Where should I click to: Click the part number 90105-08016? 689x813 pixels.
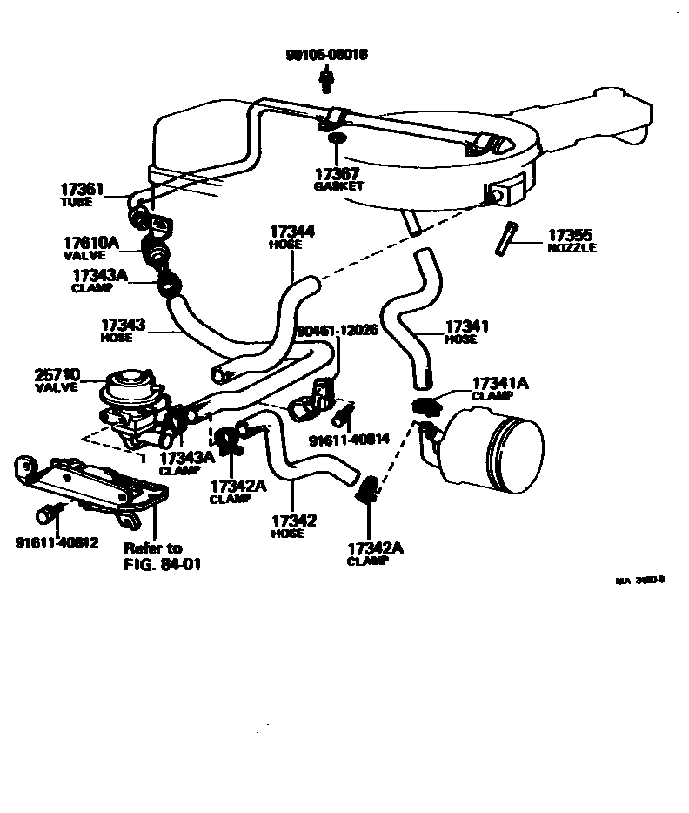click(326, 54)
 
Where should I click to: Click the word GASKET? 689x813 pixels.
click(338, 186)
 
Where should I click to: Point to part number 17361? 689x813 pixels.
click(83, 189)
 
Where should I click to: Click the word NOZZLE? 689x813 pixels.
click(572, 248)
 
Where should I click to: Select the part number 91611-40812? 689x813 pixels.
click(57, 541)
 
